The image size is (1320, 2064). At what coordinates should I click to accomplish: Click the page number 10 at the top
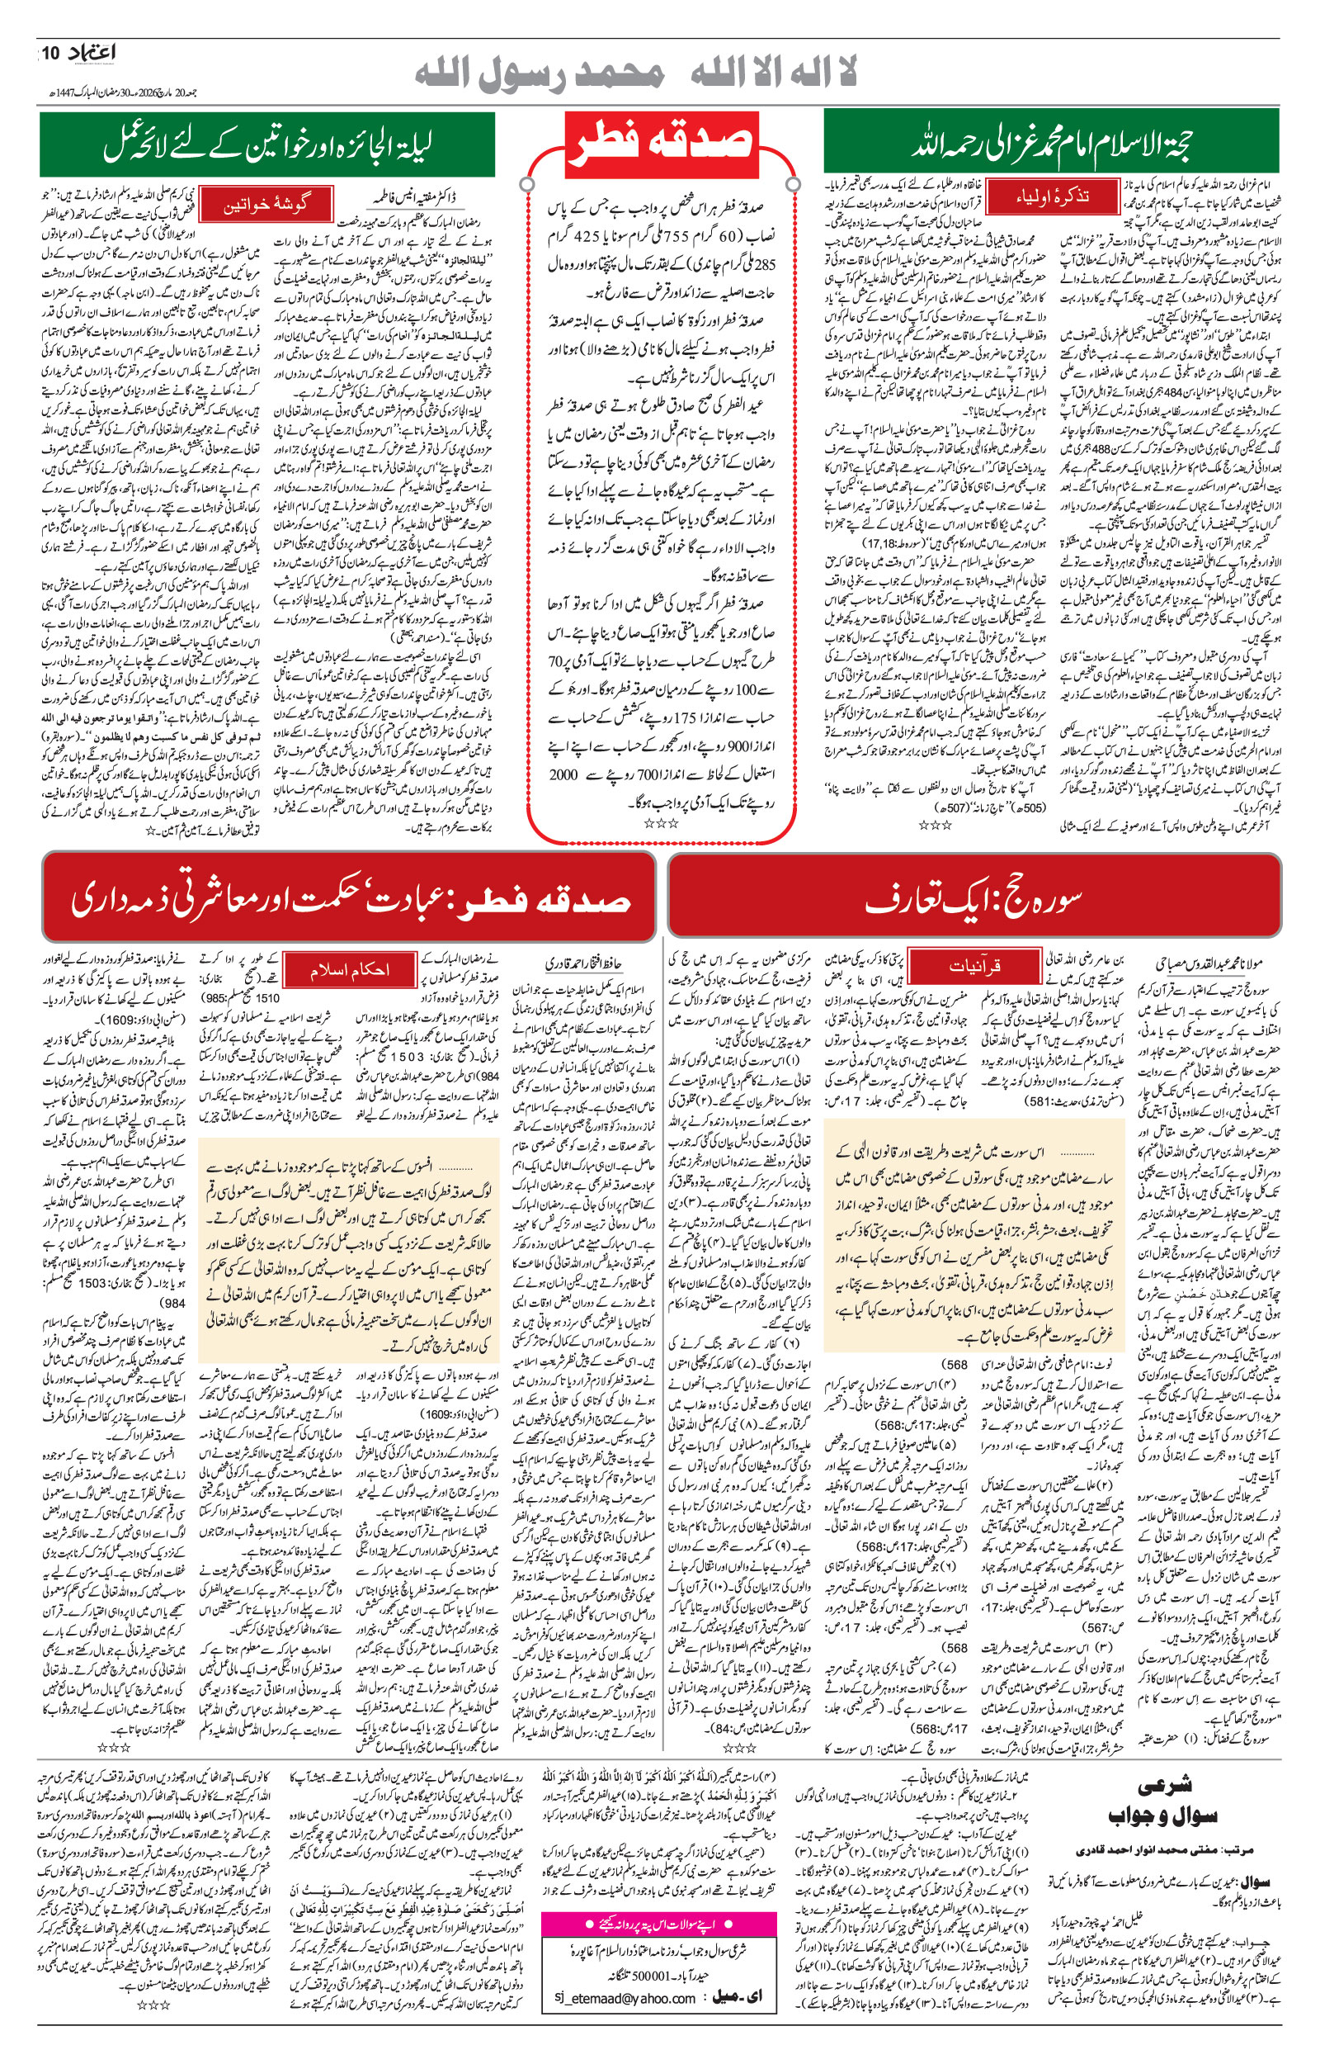point(49,54)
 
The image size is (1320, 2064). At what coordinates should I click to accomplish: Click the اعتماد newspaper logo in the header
point(90,54)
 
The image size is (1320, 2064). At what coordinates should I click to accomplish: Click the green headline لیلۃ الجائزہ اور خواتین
point(266,144)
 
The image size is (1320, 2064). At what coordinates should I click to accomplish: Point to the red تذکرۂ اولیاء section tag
point(1053,196)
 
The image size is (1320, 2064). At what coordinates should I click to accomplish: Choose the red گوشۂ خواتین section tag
point(266,205)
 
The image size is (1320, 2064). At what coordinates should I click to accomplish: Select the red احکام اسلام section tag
point(349,969)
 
